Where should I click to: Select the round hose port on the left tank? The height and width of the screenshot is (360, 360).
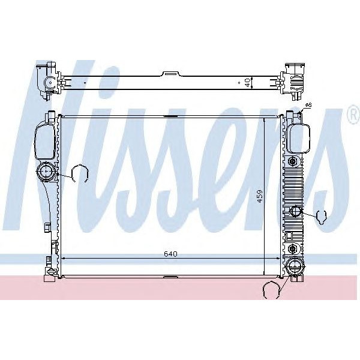pyautogui.click(x=46, y=173)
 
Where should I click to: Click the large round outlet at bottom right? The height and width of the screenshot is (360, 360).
pyautogui.click(x=295, y=266)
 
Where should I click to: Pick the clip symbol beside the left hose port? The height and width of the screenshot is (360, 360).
pyautogui.click(x=79, y=174)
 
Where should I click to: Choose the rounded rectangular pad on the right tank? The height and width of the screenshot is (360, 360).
pyautogui.click(x=298, y=138)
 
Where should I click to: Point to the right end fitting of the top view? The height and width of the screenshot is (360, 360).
pyautogui.click(x=295, y=79)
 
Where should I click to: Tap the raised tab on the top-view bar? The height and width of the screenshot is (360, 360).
pyautogui.click(x=172, y=74)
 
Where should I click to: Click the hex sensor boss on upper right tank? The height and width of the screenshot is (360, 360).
pyautogui.click(x=292, y=163)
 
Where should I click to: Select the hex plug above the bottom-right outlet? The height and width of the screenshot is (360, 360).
pyautogui.click(x=292, y=248)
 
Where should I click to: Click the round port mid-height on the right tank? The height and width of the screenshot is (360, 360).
pyautogui.click(x=295, y=211)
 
